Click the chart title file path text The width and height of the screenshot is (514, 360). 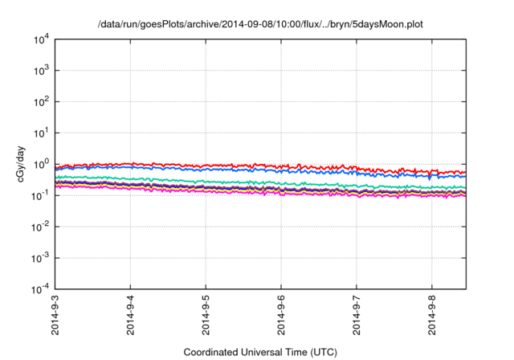(x=259, y=25)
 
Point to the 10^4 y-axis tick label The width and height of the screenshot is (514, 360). (x=42, y=39)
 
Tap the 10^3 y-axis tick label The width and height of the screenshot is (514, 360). (x=42, y=70)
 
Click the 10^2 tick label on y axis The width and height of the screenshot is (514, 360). (x=42, y=101)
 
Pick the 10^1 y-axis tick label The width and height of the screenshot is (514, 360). (x=42, y=133)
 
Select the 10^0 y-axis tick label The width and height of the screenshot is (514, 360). (x=42, y=164)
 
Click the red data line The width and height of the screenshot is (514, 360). (x=241, y=165)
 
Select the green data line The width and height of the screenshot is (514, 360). (x=241, y=182)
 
